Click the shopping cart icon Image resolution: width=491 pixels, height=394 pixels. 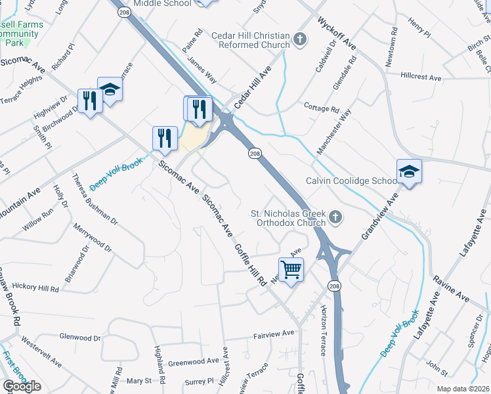coord(290,268)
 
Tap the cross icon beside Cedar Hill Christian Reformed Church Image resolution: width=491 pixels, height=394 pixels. coord(301,40)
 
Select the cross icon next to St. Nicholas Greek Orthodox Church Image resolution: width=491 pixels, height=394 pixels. coord(335,217)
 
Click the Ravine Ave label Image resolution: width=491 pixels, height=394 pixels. coord(451,288)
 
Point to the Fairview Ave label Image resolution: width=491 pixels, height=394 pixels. coord(274,334)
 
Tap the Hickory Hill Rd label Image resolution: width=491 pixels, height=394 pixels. coord(30,288)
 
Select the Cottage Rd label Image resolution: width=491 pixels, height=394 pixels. coord(321,106)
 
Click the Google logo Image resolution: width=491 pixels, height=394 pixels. coord(22,386)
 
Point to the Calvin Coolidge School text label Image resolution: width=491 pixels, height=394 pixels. coord(351,181)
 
